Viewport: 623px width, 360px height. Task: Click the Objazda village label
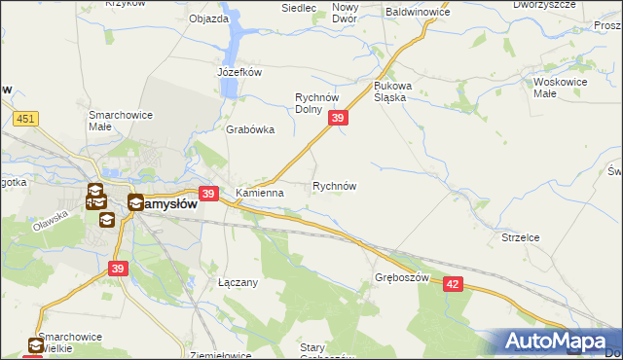pyautogui.click(x=208, y=18)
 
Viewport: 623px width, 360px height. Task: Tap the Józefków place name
pyautogui.click(x=239, y=71)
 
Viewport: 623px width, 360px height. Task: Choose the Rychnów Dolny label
pyautogui.click(x=322, y=103)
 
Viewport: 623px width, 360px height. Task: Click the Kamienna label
pyautogui.click(x=259, y=193)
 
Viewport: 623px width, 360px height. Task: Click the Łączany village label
pyautogui.click(x=237, y=282)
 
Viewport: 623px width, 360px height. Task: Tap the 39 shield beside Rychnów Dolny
pyautogui.click(x=338, y=118)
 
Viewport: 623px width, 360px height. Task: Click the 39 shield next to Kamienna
pyautogui.click(x=207, y=194)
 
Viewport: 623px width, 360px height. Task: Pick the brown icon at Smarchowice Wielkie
pyautogui.click(x=36, y=344)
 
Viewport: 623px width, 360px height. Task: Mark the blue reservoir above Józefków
pyautogui.click(x=234, y=44)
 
